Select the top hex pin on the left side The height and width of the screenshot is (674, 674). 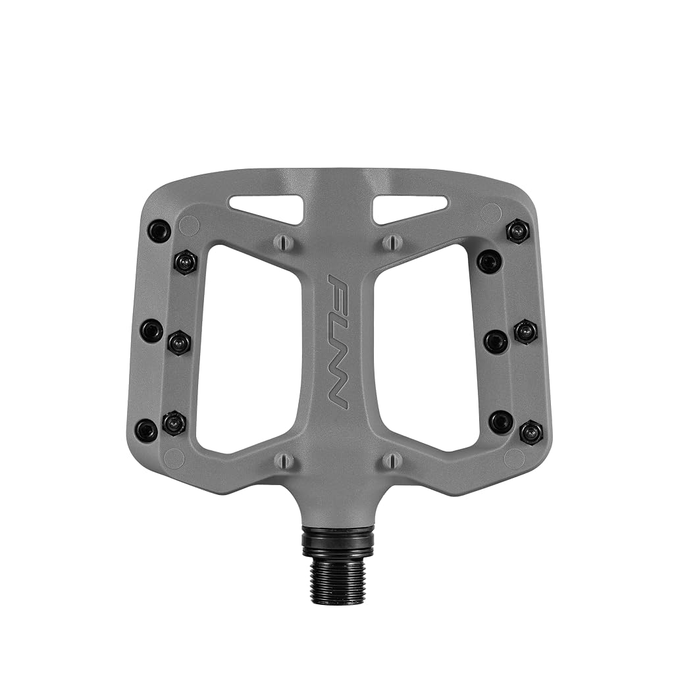[x=186, y=262]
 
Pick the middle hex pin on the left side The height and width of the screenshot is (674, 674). [x=179, y=342]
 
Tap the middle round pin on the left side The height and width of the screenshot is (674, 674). [x=153, y=330]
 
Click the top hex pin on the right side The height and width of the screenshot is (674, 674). [x=519, y=232]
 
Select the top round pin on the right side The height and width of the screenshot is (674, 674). [x=490, y=261]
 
